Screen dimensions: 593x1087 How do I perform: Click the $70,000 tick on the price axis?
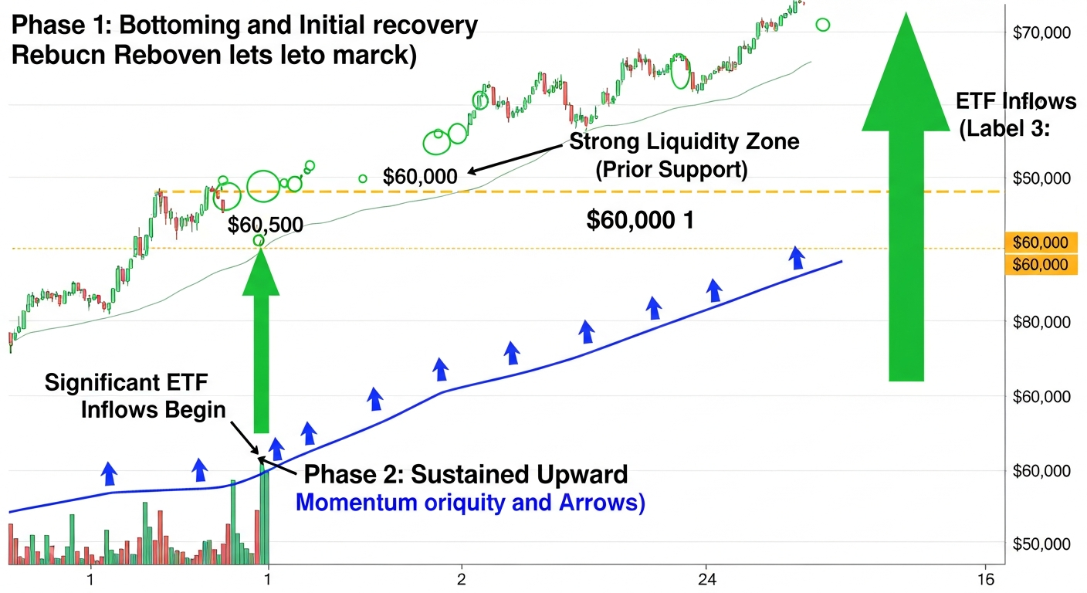pos(1042,32)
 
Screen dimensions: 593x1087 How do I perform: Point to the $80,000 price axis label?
pos(1042,322)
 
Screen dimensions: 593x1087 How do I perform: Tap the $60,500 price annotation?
pos(266,225)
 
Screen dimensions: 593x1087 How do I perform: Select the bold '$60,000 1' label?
pos(640,221)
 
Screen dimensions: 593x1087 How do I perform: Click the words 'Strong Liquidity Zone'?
pos(684,142)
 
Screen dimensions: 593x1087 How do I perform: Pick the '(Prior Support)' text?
pos(671,170)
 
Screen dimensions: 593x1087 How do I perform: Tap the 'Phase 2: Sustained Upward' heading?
pos(466,474)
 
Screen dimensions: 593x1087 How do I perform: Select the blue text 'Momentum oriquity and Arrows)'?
pos(470,503)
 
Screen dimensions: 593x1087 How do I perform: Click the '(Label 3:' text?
pos(1004,130)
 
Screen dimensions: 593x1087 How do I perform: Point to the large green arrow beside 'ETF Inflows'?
pos(906,201)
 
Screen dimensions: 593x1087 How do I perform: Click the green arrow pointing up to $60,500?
pos(260,340)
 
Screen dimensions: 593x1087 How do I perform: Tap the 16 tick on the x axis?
pos(985,579)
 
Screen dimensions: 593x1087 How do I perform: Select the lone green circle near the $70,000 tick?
pos(823,25)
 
